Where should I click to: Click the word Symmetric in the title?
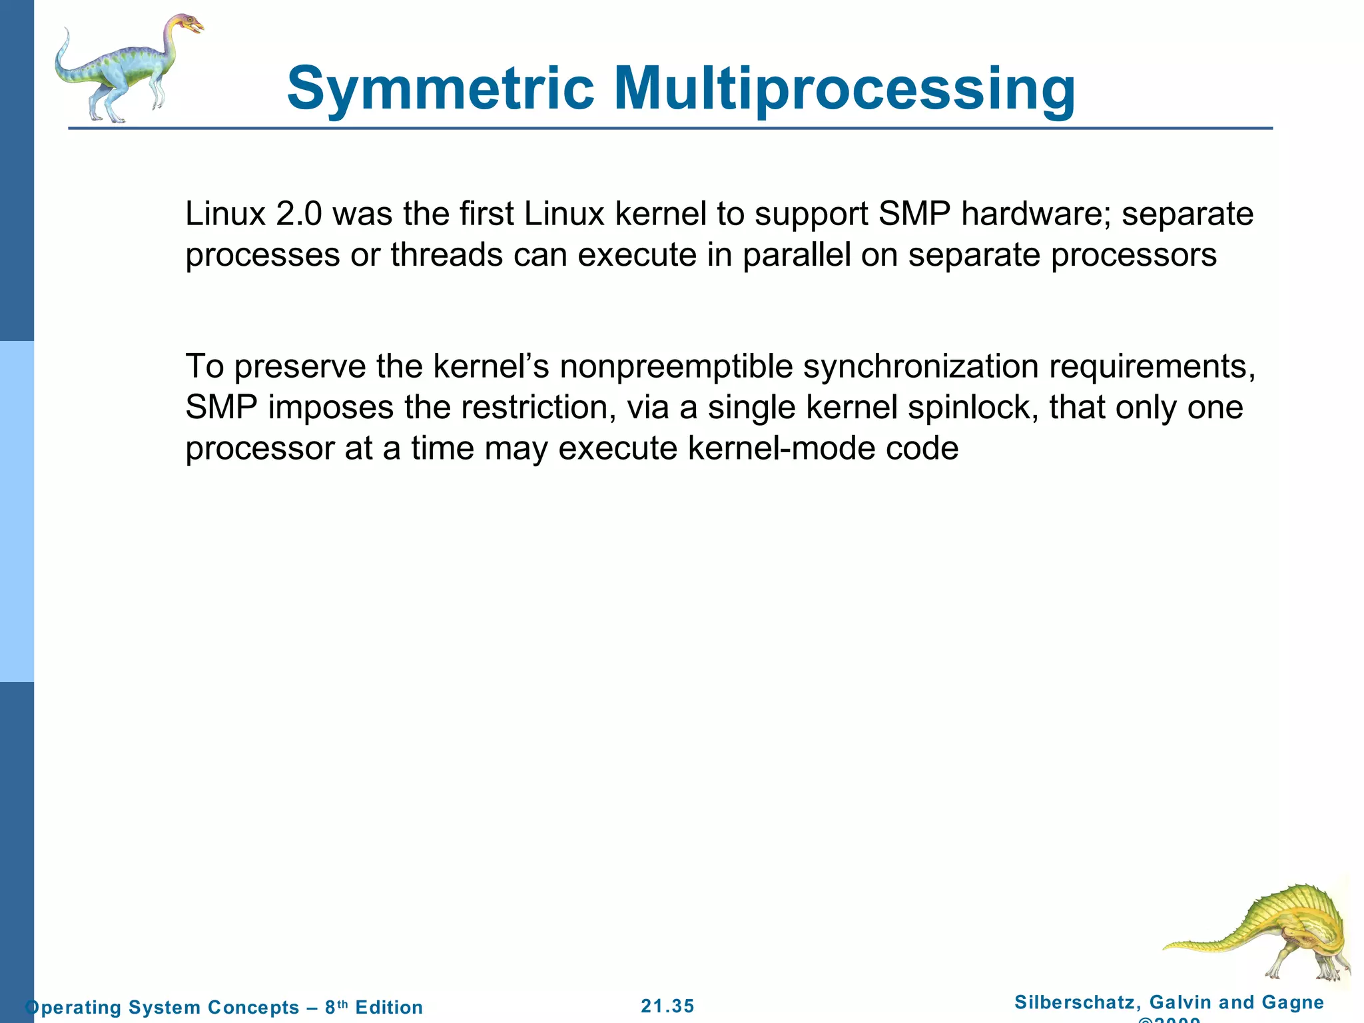[440, 89]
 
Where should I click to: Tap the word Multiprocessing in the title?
[844, 89]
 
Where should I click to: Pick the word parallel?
[797, 255]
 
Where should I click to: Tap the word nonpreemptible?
[676, 367]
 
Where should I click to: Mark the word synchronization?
[920, 367]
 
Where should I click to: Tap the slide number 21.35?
[667, 1006]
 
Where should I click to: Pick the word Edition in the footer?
[389, 1007]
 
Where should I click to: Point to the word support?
[803, 214]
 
